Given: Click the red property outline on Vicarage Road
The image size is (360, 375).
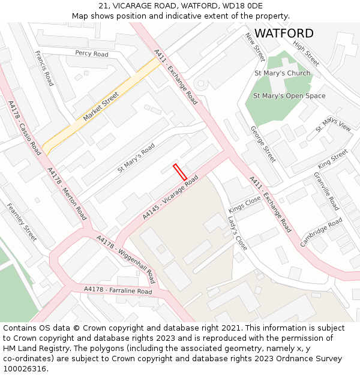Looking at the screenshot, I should (x=180, y=172).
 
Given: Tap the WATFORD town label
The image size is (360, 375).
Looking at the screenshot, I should (x=284, y=34).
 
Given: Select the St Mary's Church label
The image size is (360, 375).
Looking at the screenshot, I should (x=282, y=73).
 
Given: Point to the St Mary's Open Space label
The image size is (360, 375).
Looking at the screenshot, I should (x=289, y=96).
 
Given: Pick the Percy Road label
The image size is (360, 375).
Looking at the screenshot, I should (x=92, y=54).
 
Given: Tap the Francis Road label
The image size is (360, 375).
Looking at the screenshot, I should (x=44, y=68).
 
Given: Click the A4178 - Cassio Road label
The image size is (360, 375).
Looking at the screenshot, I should (x=25, y=128).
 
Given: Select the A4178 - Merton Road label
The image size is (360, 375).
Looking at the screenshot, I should (x=67, y=193).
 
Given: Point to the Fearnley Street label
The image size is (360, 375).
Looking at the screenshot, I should (x=22, y=222).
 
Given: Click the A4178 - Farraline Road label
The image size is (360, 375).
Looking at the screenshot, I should (x=118, y=290).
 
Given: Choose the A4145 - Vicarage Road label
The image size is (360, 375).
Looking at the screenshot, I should (x=170, y=197).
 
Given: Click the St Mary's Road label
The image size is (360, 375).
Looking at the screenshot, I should (x=136, y=158).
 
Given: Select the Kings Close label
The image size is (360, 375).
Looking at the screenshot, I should (x=245, y=205).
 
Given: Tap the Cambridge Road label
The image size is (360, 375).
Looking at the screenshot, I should (x=321, y=232).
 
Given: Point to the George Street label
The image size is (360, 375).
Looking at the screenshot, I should (x=263, y=144).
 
